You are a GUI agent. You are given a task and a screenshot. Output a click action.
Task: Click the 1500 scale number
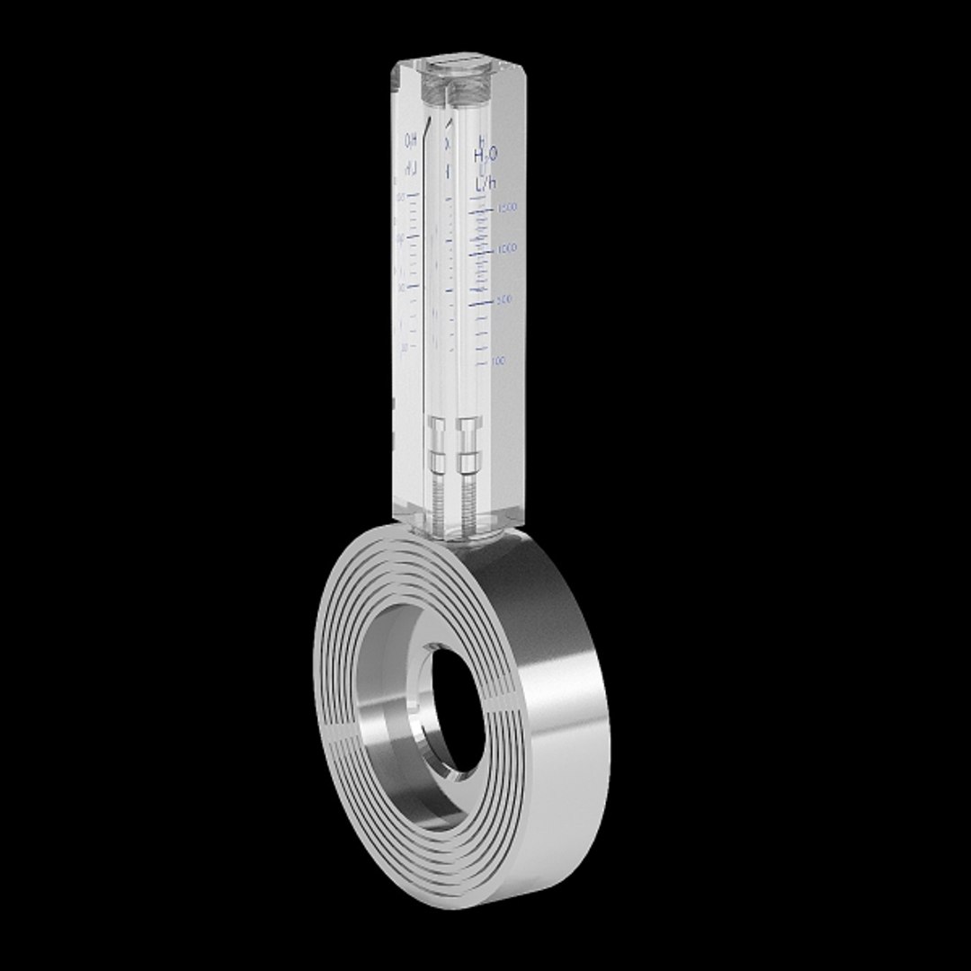coord(508,208)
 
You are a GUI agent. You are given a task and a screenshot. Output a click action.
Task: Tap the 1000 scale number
coord(507,247)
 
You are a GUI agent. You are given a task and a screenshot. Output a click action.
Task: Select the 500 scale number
coord(504,298)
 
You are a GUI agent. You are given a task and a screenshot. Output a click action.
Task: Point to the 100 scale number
coord(499,361)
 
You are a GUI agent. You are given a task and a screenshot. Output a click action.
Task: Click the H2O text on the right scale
coord(485,155)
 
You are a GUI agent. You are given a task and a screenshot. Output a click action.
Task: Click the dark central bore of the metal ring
coord(459,710)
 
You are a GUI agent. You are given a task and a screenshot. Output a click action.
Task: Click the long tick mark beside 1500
coord(481,210)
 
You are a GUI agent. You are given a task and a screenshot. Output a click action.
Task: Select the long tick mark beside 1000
coord(481,251)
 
